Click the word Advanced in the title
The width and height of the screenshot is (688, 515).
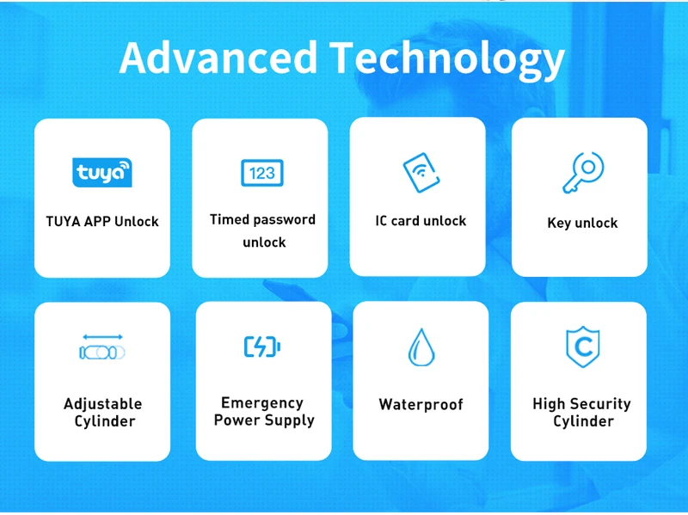(x=218, y=58)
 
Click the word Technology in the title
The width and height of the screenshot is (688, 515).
(x=447, y=61)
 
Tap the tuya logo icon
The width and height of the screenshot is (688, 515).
(x=102, y=173)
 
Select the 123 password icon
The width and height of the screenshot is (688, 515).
(x=262, y=173)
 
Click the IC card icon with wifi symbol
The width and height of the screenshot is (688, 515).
(x=421, y=173)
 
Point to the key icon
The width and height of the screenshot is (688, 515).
(x=583, y=173)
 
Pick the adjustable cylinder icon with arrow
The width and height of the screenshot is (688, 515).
(x=102, y=347)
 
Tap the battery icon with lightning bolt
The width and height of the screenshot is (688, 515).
(x=262, y=346)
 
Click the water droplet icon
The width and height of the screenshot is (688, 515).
(x=421, y=347)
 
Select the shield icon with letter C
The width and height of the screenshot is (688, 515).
(x=583, y=346)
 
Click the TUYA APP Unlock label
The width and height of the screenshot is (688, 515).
(x=102, y=222)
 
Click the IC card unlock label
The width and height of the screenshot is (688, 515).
(x=421, y=221)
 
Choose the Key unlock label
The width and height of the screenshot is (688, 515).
(x=582, y=223)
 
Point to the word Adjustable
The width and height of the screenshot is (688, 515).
(x=103, y=404)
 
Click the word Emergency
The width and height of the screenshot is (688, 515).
(x=262, y=402)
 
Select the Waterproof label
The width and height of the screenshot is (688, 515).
(x=421, y=404)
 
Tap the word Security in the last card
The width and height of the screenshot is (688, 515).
(x=600, y=404)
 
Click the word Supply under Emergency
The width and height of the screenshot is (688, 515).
(x=290, y=420)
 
